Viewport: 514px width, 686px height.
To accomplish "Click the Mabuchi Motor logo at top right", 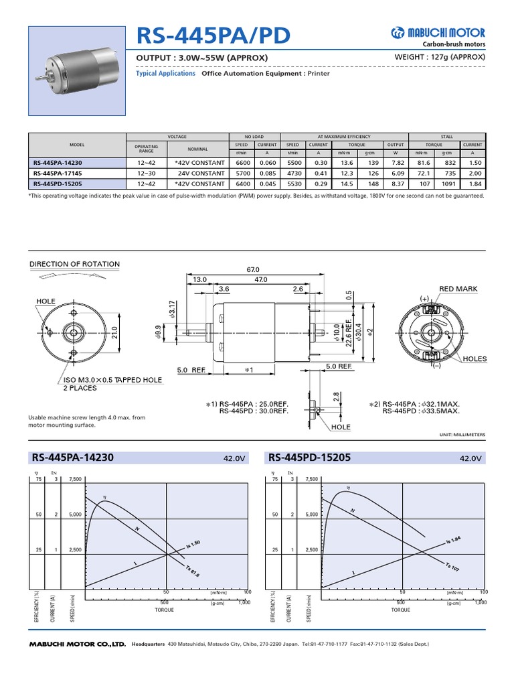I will [x=438, y=33].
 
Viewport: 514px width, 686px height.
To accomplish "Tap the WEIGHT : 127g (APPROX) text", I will [x=441, y=57].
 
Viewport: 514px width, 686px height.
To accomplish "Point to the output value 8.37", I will [x=397, y=183].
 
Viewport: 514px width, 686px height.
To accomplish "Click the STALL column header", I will [x=447, y=136].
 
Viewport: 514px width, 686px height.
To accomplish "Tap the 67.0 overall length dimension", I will [x=253, y=269].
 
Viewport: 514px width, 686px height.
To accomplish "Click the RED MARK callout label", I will [x=458, y=289].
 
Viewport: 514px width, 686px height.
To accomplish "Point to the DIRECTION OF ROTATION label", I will [x=75, y=264].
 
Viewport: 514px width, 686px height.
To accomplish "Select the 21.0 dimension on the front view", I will [x=114, y=332].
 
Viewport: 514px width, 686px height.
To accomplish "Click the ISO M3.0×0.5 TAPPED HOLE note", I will [x=112, y=381].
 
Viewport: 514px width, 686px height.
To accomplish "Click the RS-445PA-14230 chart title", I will [x=74, y=458].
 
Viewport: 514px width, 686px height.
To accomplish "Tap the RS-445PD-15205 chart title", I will [x=309, y=458].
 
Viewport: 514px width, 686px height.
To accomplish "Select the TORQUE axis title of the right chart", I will [x=400, y=610].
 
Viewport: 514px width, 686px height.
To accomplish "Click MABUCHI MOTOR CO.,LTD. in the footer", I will [x=78, y=644].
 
